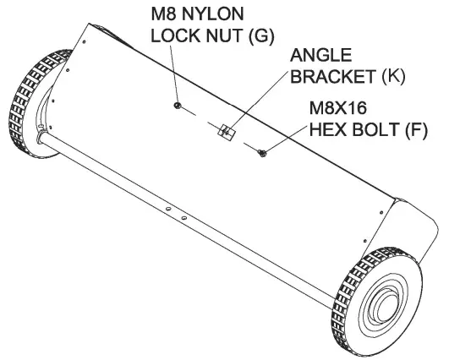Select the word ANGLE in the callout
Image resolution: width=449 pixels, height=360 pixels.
(x=320, y=57)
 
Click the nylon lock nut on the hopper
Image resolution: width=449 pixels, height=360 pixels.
(x=176, y=105)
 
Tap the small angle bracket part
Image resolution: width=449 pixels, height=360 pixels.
(x=225, y=131)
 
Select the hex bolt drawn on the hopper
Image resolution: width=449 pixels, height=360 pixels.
(x=263, y=152)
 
